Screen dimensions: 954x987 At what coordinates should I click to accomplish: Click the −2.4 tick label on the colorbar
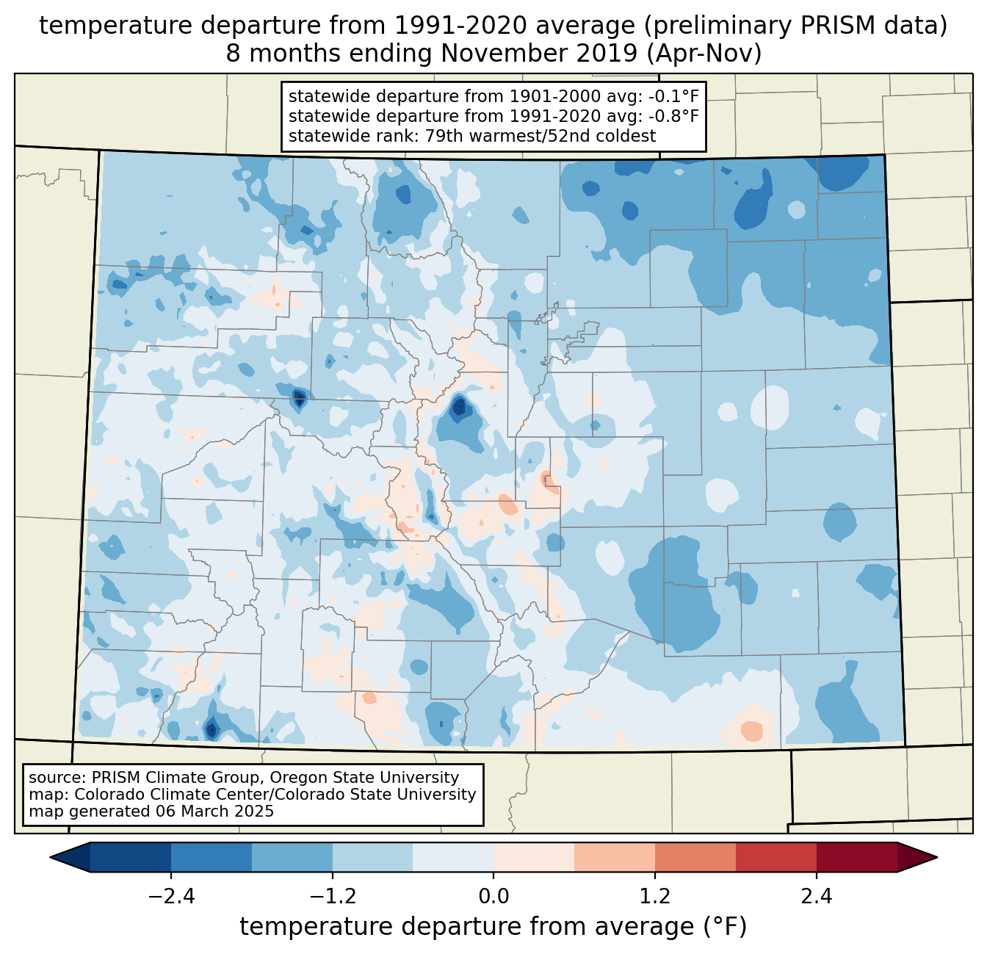tap(171, 897)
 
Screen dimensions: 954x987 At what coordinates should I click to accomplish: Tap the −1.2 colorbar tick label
tap(332, 897)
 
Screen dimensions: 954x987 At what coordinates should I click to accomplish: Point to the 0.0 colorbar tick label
tap(493, 897)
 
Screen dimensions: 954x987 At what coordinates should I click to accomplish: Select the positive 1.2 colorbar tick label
tap(655, 897)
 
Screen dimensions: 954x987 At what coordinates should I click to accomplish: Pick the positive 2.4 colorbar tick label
tap(816, 897)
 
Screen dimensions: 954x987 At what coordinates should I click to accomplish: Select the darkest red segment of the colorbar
tap(856, 857)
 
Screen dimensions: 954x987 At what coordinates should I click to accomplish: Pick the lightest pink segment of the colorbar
tap(534, 857)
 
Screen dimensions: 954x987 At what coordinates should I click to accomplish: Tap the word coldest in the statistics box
tap(629, 136)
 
